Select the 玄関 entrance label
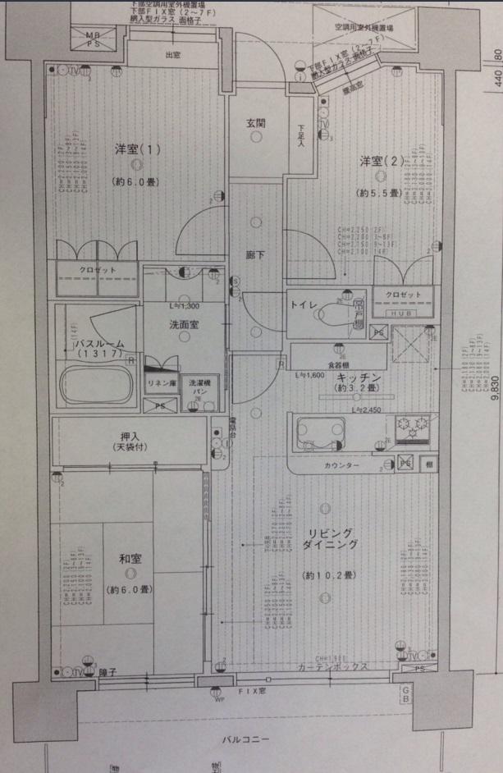pyautogui.click(x=255, y=123)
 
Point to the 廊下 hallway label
pyautogui.click(x=255, y=255)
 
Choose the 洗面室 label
pyautogui.click(x=185, y=324)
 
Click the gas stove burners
pyautogui.click(x=412, y=426)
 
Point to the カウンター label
pyautogui.click(x=342, y=466)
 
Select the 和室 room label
pyautogui.click(x=130, y=559)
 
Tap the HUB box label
pyautogui.click(x=401, y=313)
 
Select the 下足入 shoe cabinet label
pyautogui.click(x=301, y=136)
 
